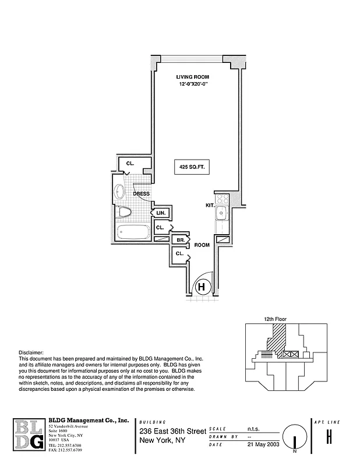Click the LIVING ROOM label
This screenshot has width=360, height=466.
193,77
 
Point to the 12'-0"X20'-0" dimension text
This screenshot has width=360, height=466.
193,84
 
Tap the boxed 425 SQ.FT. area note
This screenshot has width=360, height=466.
192,167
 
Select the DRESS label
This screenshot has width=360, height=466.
142,194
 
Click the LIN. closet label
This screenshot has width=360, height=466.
161,213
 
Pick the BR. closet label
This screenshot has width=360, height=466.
181,239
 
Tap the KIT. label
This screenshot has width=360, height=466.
210,205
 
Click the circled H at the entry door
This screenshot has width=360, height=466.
202,286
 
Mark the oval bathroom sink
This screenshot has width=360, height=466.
120,191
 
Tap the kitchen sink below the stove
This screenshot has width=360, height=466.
221,214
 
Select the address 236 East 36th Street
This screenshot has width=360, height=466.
172,431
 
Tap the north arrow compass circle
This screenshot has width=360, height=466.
295,437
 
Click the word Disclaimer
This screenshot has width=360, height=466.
31,352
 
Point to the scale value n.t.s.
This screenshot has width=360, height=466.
254,428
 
